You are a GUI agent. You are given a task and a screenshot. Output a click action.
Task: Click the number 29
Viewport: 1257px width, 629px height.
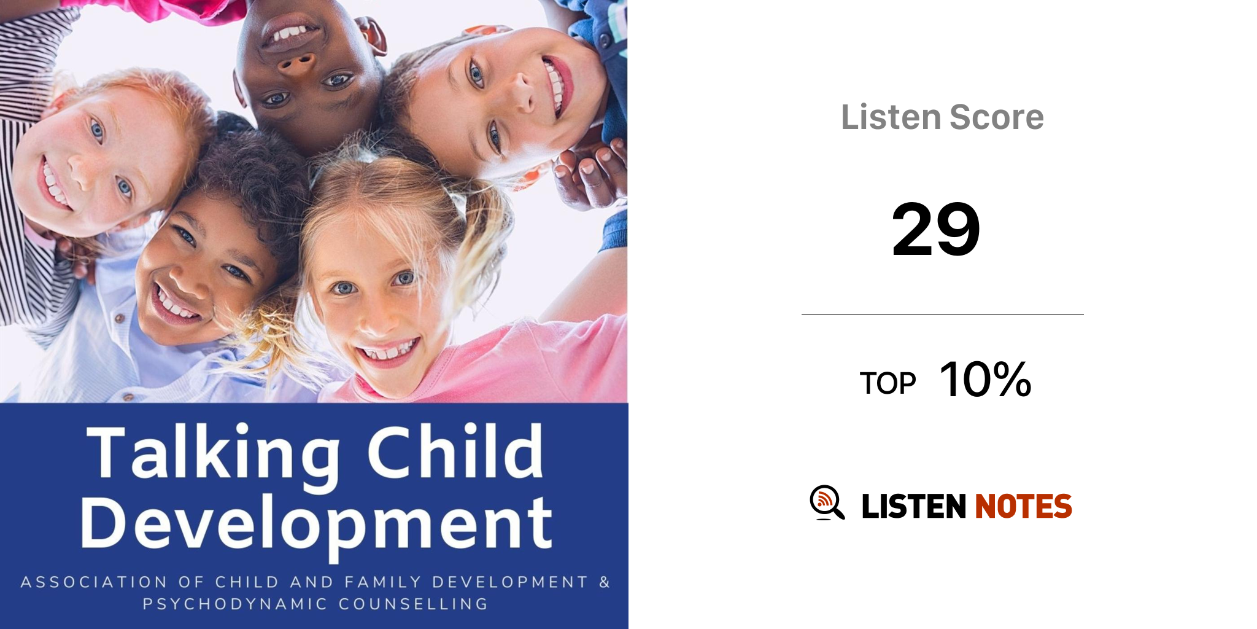coord(936,229)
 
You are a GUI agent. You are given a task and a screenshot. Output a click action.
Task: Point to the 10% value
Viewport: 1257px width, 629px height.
coord(986,379)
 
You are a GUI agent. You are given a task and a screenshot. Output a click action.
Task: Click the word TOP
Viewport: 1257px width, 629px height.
coord(888,383)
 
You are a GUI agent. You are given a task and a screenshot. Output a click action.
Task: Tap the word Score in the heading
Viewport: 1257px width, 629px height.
coord(997,117)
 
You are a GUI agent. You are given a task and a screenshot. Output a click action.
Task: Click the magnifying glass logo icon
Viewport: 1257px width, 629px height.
coord(827,502)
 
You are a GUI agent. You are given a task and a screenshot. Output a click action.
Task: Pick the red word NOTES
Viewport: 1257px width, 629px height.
coord(1024,506)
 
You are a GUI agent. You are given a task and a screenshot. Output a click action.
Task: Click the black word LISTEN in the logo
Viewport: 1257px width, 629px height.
coord(914,506)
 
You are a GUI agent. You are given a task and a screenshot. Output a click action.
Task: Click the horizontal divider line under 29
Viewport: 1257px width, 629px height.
coord(943,314)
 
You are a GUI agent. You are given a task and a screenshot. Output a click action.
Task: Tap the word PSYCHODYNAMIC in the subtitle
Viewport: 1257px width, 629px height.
coord(235,604)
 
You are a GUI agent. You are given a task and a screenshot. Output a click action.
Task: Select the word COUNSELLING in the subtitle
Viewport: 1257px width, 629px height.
coord(413,604)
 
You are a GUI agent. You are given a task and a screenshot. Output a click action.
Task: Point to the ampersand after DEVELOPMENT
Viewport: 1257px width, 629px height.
coord(605,582)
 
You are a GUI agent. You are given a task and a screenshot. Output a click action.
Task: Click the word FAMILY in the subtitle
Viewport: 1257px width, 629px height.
coord(382,582)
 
